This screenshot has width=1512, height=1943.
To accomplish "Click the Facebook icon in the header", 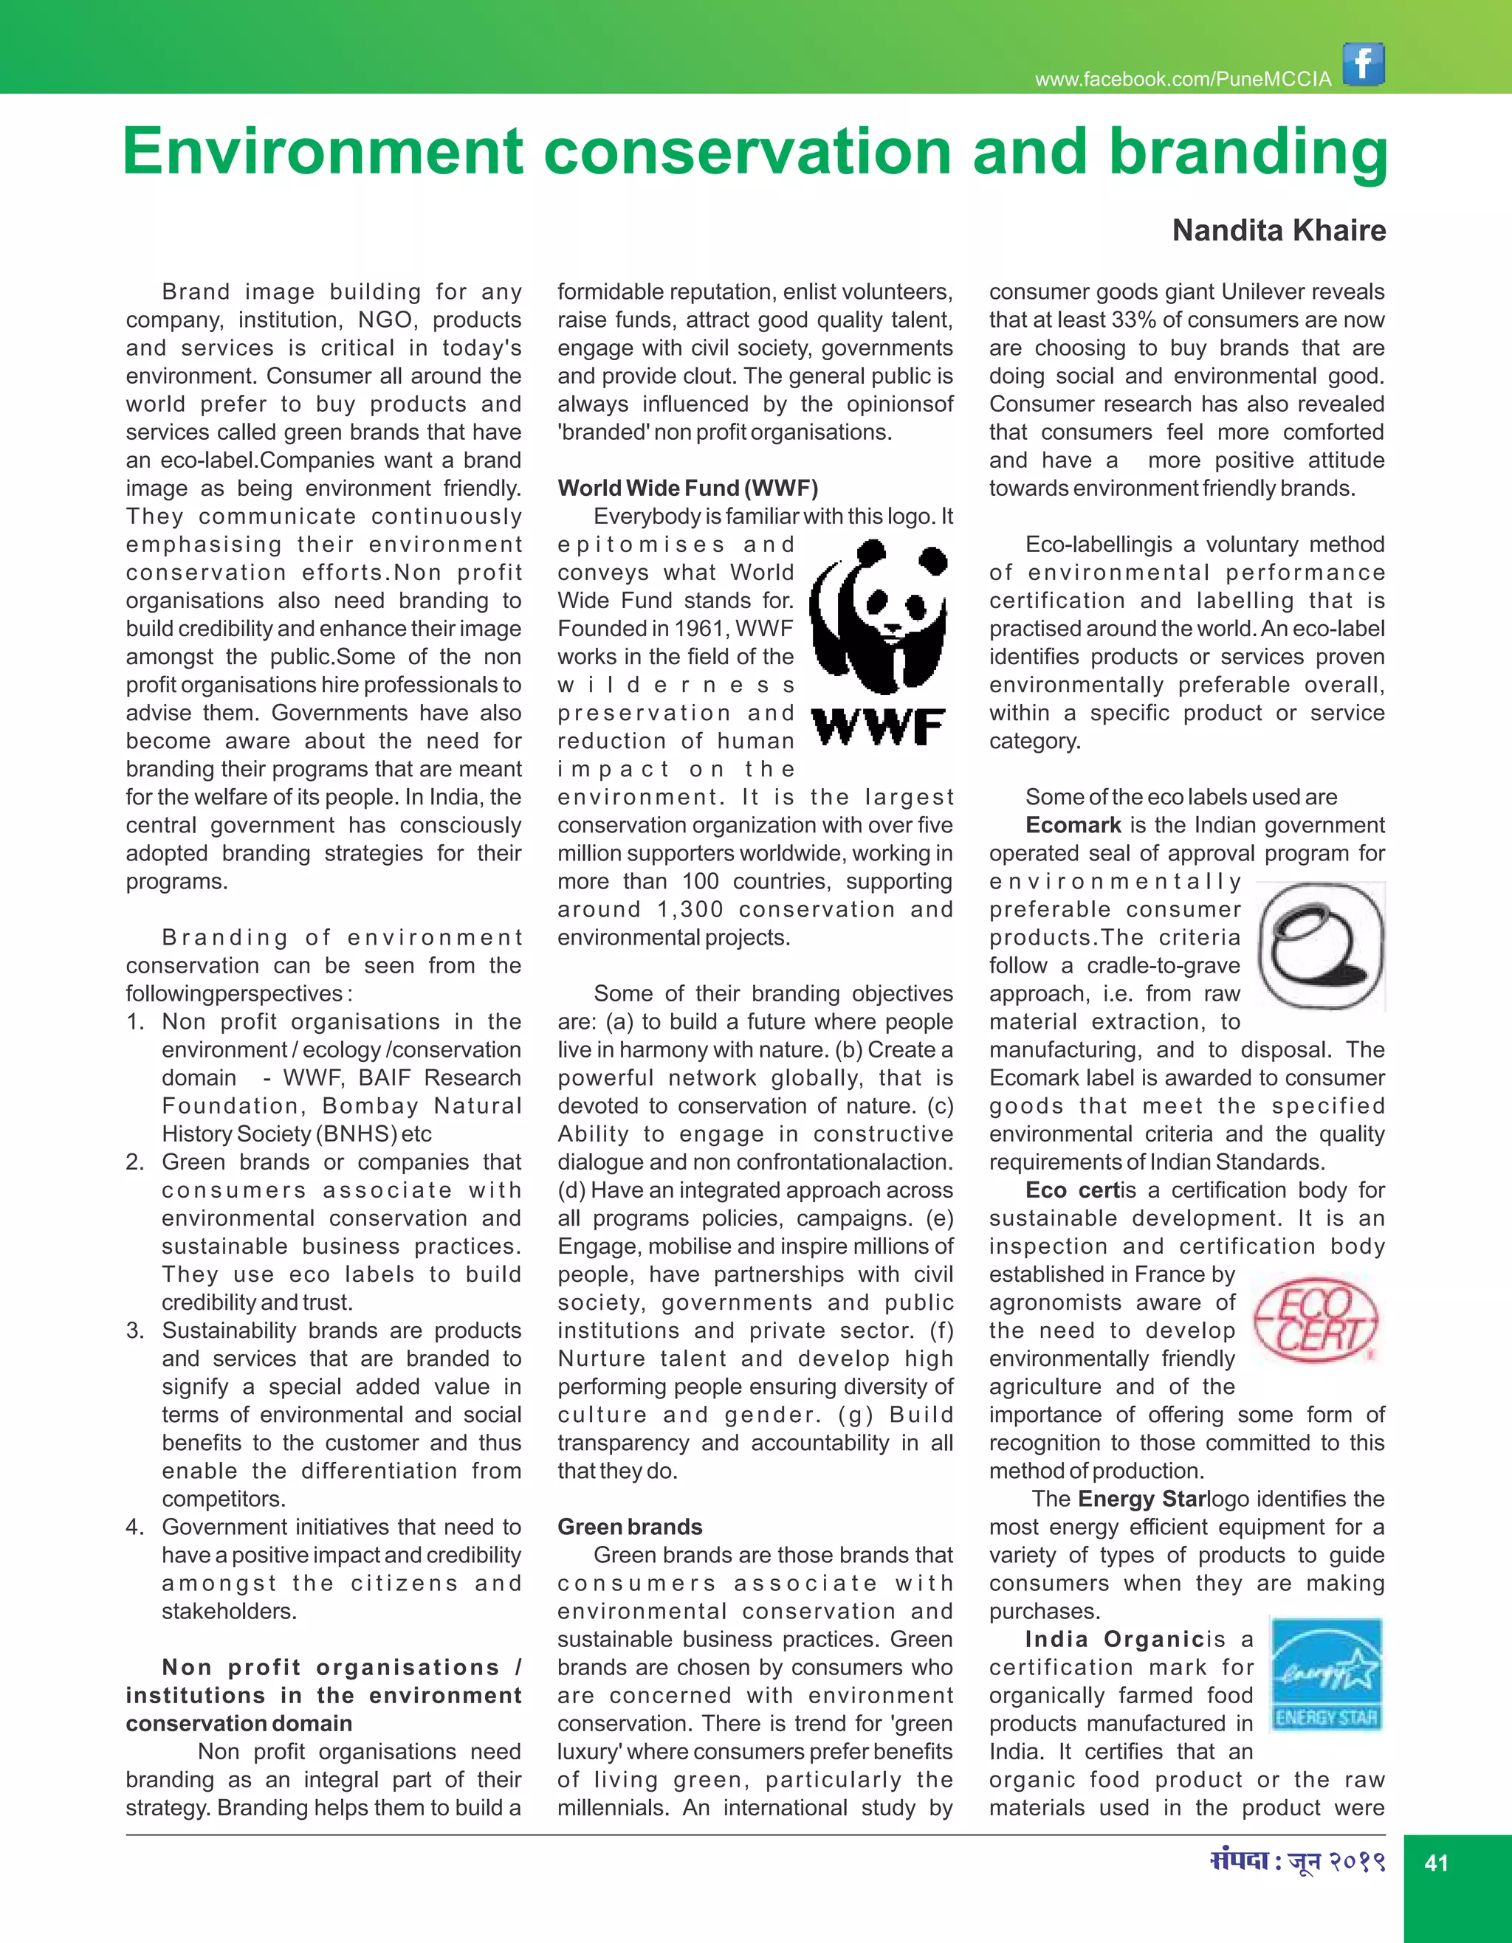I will click(x=1364, y=64).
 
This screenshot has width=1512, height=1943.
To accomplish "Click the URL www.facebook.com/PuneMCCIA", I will click(x=1183, y=79).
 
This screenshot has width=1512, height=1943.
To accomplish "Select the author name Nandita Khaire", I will click(x=1278, y=230).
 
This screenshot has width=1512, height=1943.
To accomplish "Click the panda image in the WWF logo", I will click(x=879, y=618).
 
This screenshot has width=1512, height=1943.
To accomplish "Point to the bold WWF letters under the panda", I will click(x=879, y=727).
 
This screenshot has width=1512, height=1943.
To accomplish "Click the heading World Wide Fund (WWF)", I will click(x=687, y=488).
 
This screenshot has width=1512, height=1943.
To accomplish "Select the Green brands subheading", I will click(x=629, y=1527).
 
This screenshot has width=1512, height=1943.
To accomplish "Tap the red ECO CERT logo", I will click(x=1316, y=1319).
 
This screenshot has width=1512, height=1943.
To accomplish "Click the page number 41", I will click(x=1437, y=1863).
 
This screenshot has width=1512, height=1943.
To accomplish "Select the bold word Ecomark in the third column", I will click(x=1073, y=825).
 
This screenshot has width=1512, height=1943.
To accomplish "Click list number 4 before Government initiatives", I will click(x=134, y=1527).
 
